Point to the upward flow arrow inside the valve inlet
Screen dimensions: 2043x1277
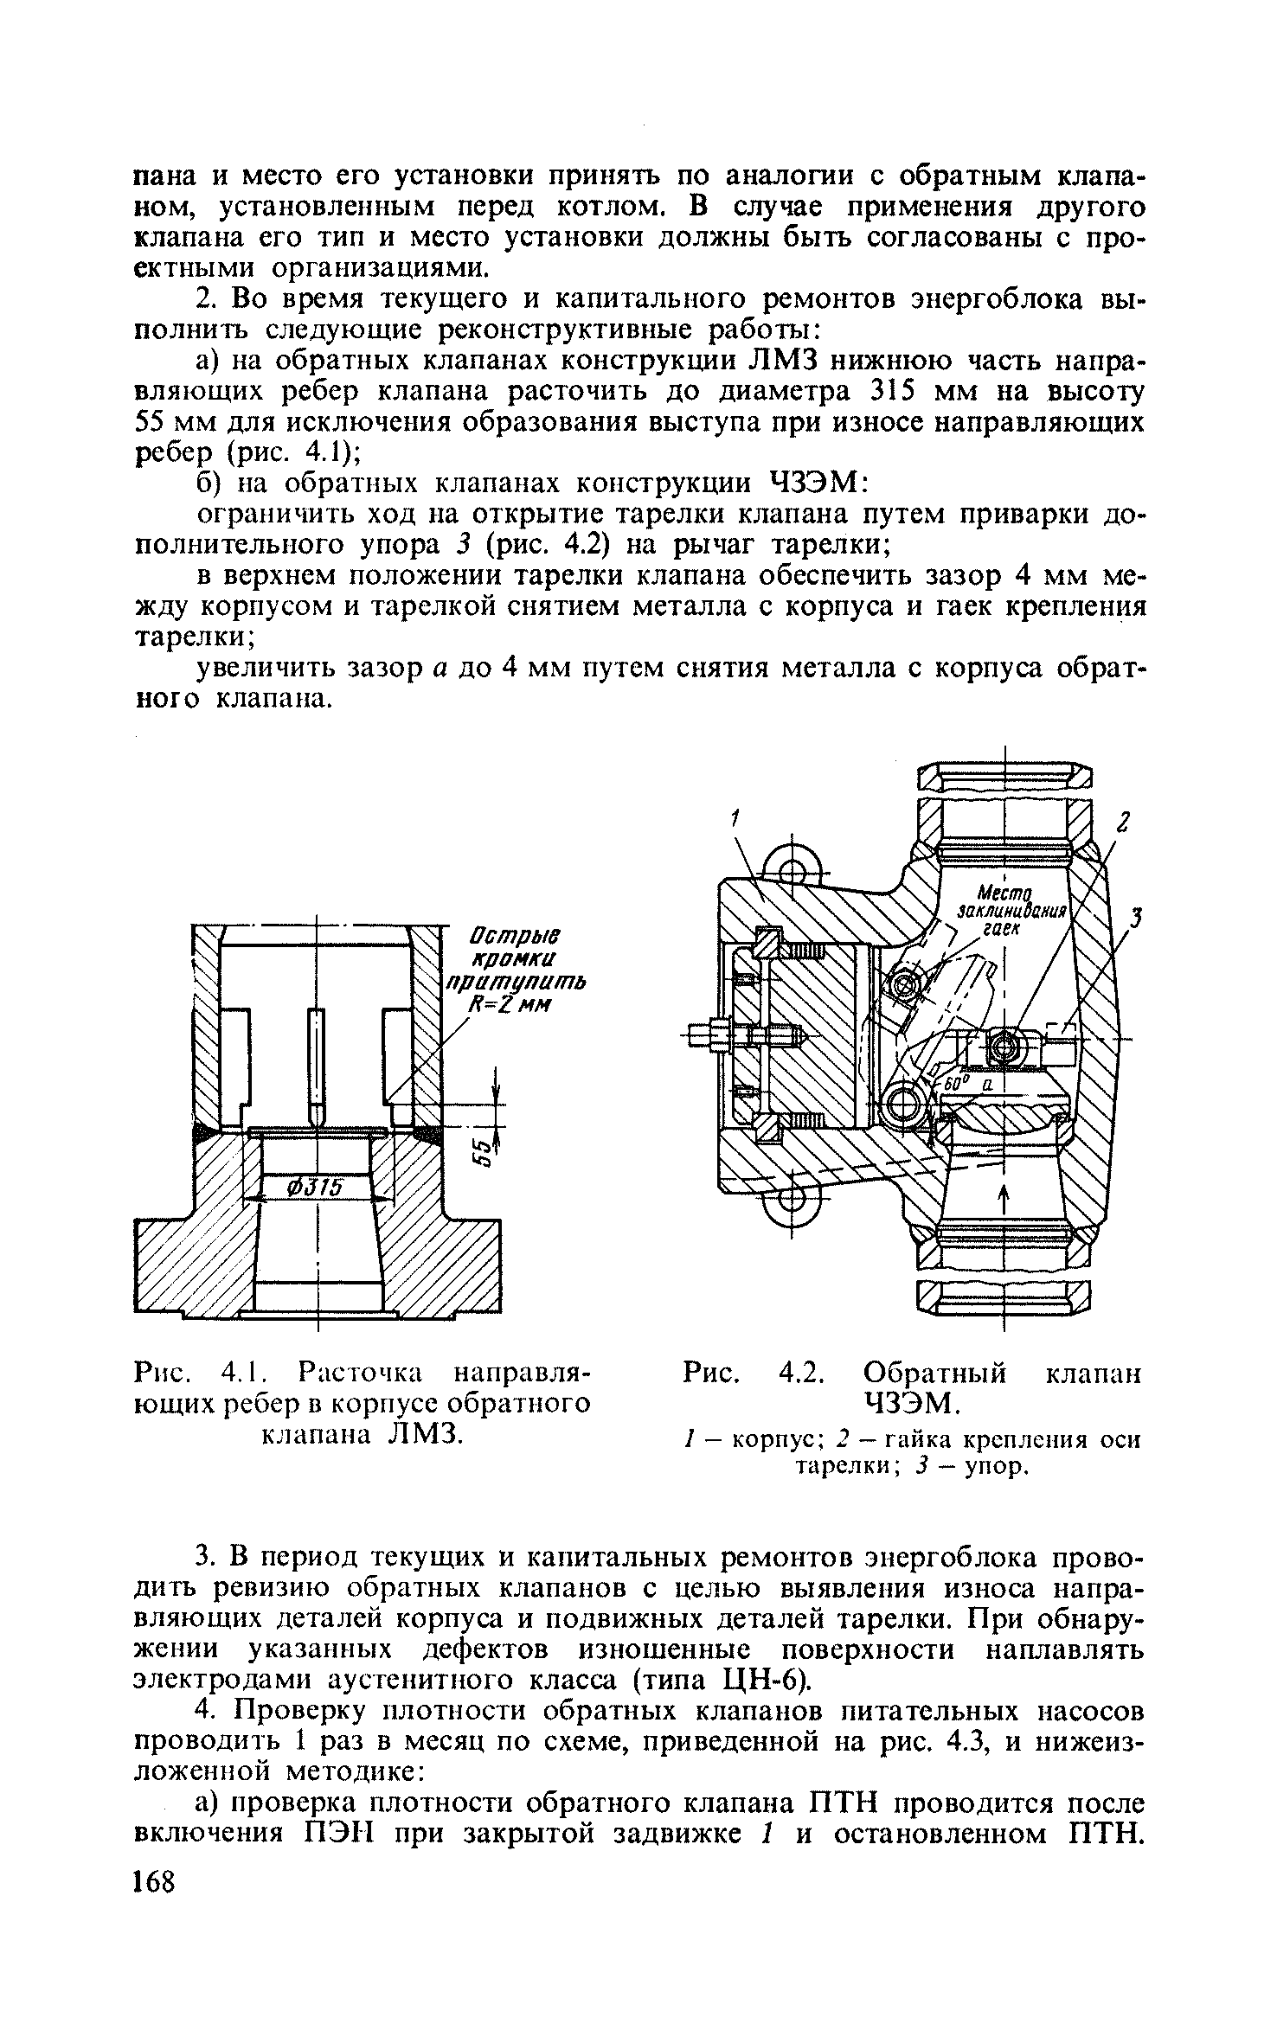(1004, 1200)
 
